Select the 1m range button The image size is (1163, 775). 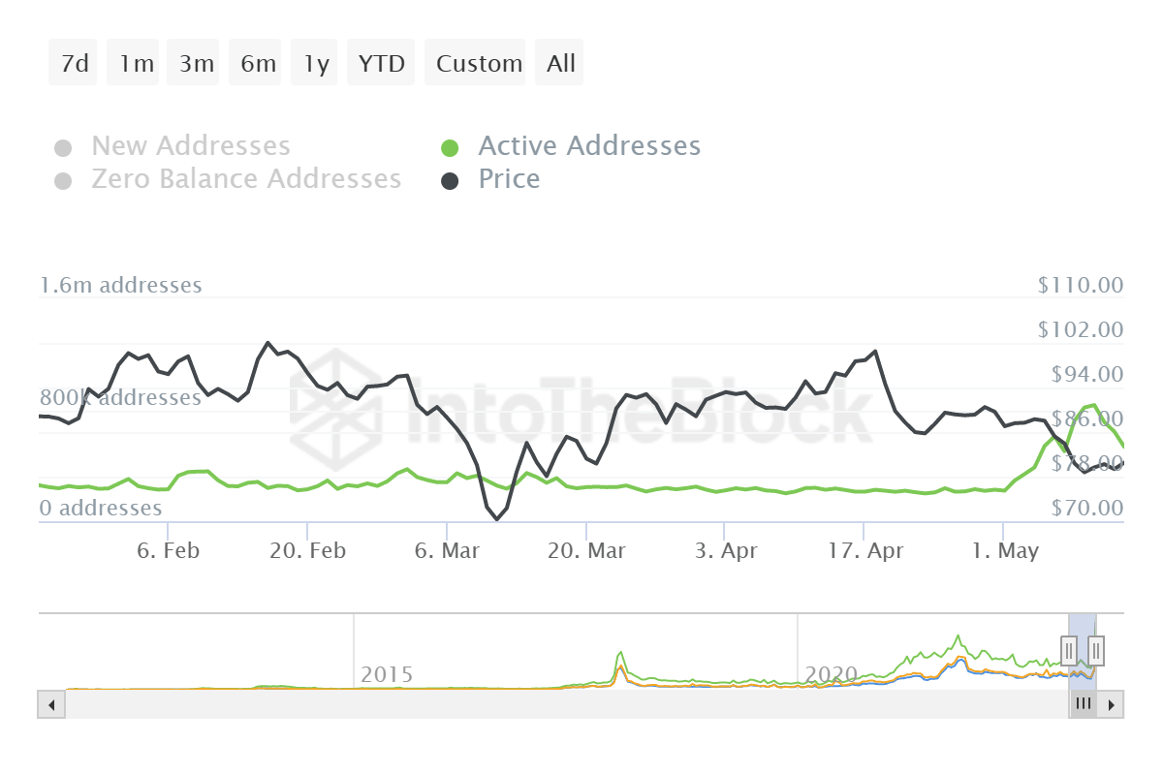(x=136, y=64)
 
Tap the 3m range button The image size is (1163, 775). (x=196, y=64)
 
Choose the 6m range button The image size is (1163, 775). (x=258, y=64)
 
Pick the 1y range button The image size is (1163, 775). (x=316, y=64)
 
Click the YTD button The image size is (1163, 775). (x=382, y=64)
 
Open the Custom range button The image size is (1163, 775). (x=478, y=64)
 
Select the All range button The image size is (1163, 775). (x=560, y=64)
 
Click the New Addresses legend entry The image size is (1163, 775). (x=190, y=146)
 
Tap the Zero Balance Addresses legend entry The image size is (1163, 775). (x=245, y=179)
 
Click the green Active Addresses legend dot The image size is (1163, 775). (x=450, y=148)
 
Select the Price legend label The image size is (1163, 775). (x=509, y=179)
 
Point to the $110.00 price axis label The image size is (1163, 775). (x=1080, y=285)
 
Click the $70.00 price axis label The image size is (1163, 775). (x=1080, y=508)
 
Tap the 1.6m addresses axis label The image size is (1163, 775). (x=121, y=285)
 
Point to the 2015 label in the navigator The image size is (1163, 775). (x=387, y=674)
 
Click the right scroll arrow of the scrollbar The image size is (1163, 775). (x=1112, y=704)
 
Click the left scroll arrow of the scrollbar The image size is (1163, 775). (x=50, y=704)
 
